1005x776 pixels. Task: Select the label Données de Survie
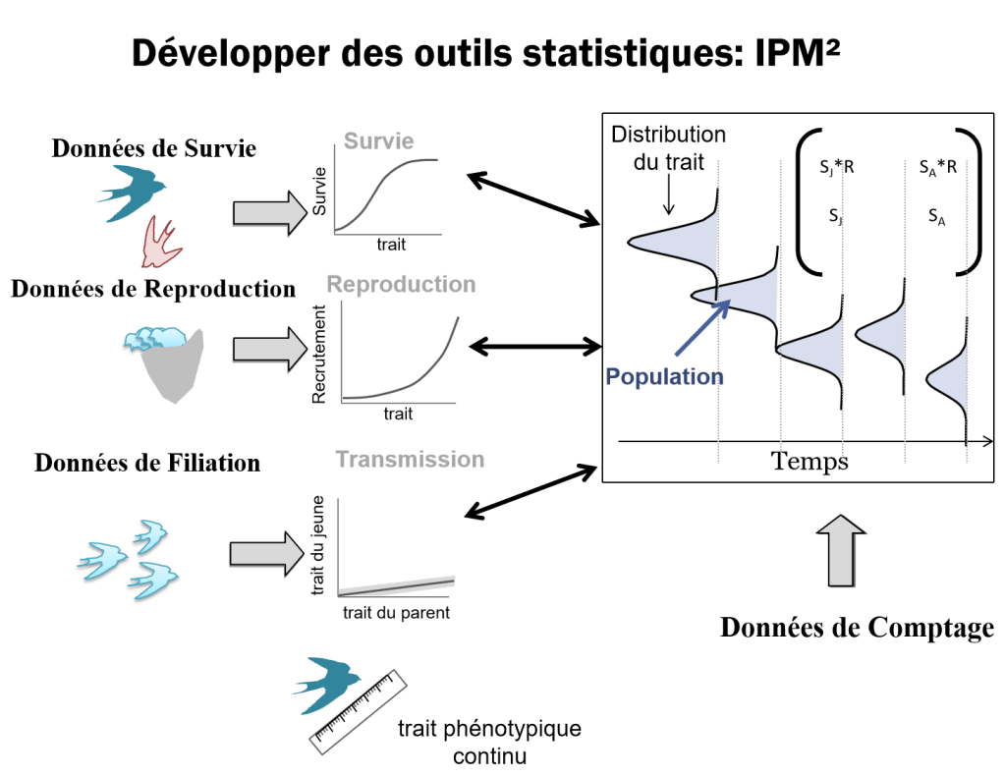click(x=154, y=148)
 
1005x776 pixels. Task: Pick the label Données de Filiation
click(x=147, y=463)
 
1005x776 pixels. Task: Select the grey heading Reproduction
click(x=401, y=285)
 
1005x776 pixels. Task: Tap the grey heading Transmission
click(x=410, y=459)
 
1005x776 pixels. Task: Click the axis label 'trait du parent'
click(x=396, y=613)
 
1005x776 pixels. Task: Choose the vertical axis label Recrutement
click(x=318, y=355)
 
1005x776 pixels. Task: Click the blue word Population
click(x=665, y=376)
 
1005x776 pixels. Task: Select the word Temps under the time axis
click(x=810, y=460)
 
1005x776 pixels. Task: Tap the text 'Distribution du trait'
click(x=668, y=147)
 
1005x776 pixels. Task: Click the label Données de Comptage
click(x=857, y=627)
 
